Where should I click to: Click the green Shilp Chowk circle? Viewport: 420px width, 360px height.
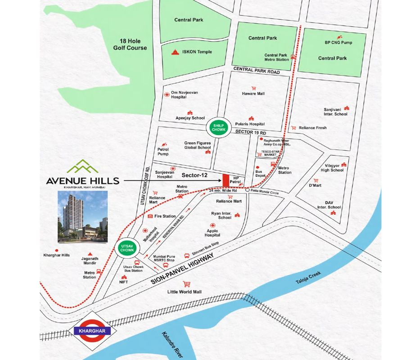point(215,128)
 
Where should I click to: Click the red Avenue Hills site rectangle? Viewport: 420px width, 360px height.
point(225,178)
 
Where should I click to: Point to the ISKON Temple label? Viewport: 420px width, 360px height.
point(198,52)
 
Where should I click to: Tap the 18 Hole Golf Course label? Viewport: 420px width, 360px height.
point(131,44)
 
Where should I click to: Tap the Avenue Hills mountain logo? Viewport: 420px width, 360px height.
point(82,167)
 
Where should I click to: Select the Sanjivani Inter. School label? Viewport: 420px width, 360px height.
point(335,112)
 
